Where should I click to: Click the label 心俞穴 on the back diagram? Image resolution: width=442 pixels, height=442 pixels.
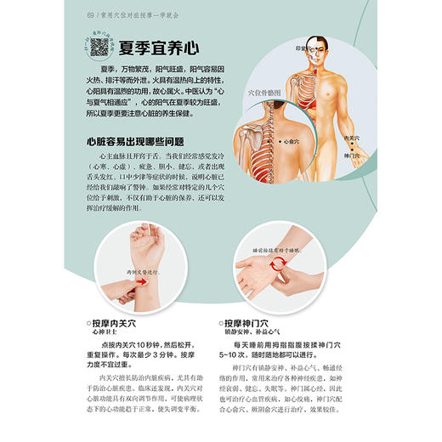(292, 142)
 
